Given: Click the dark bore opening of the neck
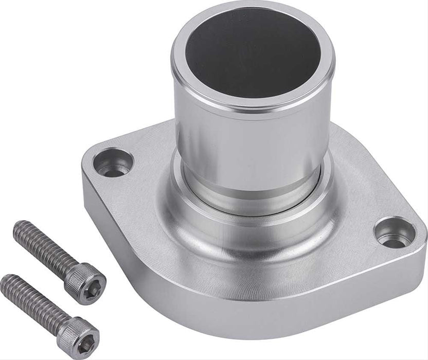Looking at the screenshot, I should (252, 51).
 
